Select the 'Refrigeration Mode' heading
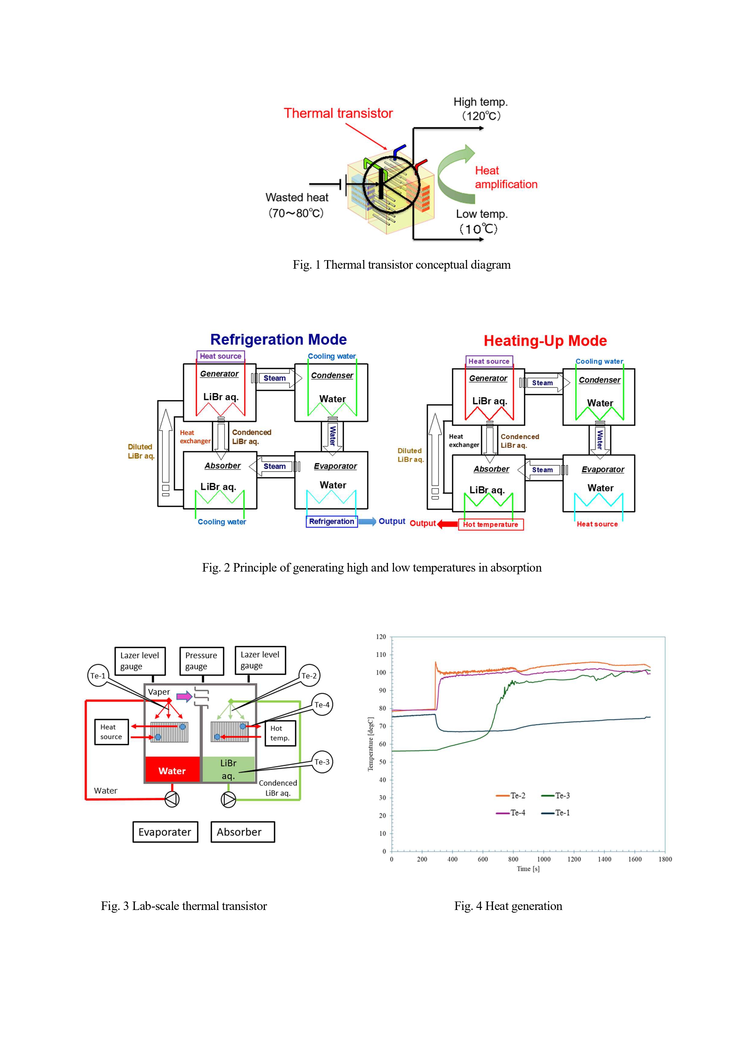click(x=279, y=340)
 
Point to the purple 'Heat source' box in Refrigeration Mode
click(x=221, y=356)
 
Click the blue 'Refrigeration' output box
click(x=332, y=521)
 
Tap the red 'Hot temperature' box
click(x=491, y=525)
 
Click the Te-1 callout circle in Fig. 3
click(x=98, y=676)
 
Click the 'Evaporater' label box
click(x=165, y=832)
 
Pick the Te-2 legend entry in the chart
click(x=511, y=796)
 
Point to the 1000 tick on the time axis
click(x=543, y=859)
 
